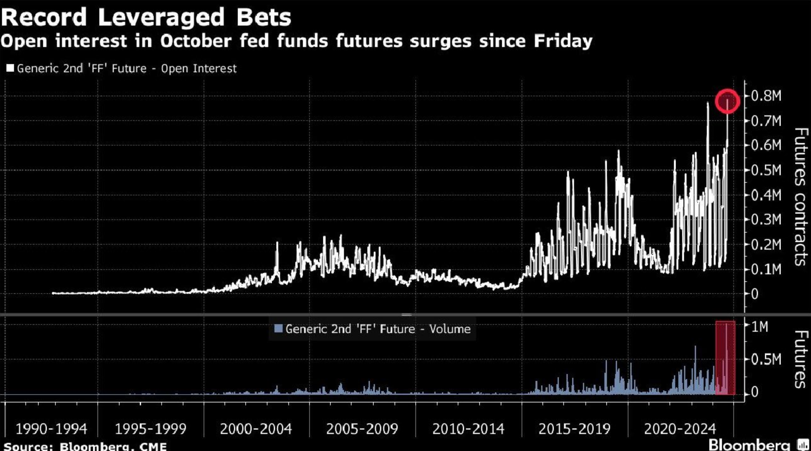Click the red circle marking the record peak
(727, 101)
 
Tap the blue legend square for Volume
(278, 329)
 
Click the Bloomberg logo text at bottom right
(749, 445)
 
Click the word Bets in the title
(264, 17)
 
